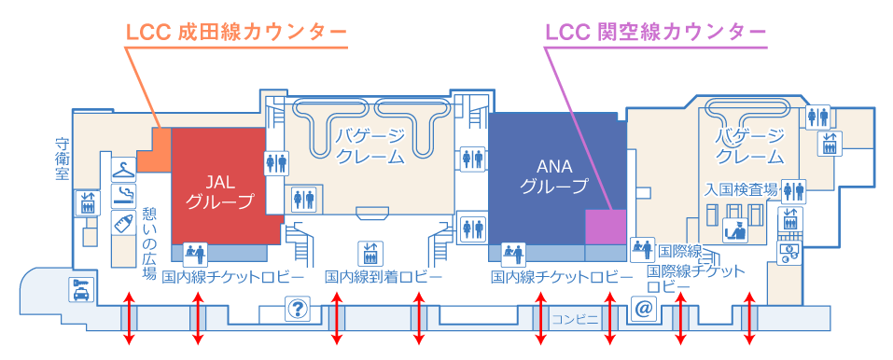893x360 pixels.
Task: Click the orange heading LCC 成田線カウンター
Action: pyautogui.click(x=235, y=33)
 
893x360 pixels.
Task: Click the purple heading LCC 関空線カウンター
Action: pyautogui.click(x=655, y=33)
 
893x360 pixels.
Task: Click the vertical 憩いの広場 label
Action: pyautogui.click(x=149, y=243)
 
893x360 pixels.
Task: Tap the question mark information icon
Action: pyautogui.click(x=298, y=308)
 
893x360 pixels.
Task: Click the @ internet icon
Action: pyautogui.click(x=642, y=308)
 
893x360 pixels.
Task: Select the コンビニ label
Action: pyautogui.click(x=575, y=318)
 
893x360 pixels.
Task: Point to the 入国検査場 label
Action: pyautogui.click(x=742, y=188)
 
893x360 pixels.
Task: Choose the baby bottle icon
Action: pyautogui.click(x=120, y=224)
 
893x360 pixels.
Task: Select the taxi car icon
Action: pyautogui.click(x=81, y=290)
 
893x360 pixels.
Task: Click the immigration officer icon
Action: pyautogui.click(x=734, y=228)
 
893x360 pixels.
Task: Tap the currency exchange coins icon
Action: pyautogui.click(x=789, y=252)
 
